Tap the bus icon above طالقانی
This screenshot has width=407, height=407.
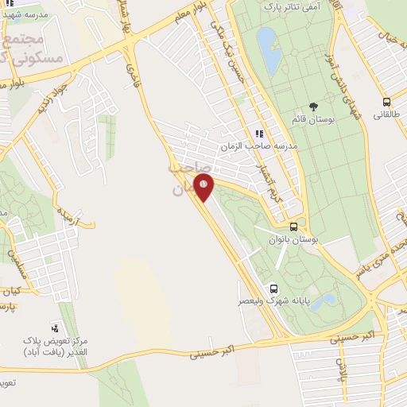pyautogui.click(x=386, y=102)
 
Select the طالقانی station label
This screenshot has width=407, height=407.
pyautogui.click(x=386, y=114)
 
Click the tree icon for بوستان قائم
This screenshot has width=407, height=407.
pyautogui.click(x=314, y=107)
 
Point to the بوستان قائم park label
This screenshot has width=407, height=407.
pyautogui.click(x=314, y=119)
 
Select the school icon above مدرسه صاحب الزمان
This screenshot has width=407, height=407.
pyautogui.click(x=258, y=134)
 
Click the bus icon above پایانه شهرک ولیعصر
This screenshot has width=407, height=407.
pyautogui.click(x=274, y=289)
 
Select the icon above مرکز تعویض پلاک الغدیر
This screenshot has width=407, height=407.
pyautogui.click(x=55, y=327)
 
